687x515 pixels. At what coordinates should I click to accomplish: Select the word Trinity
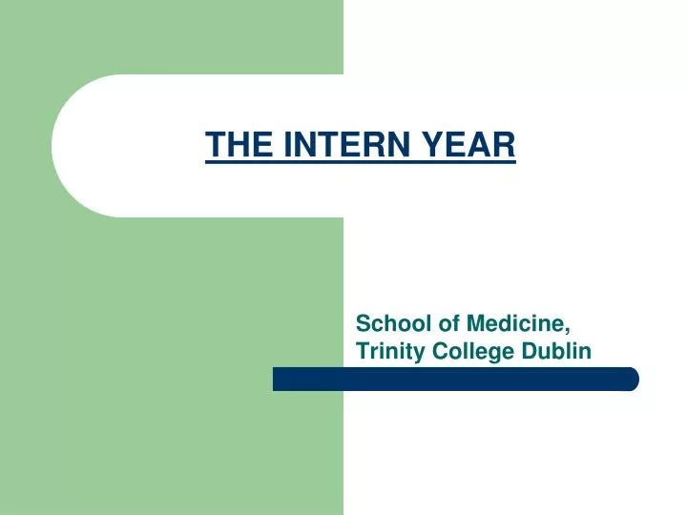(x=387, y=351)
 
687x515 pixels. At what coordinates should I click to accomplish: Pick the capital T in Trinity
(x=363, y=351)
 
